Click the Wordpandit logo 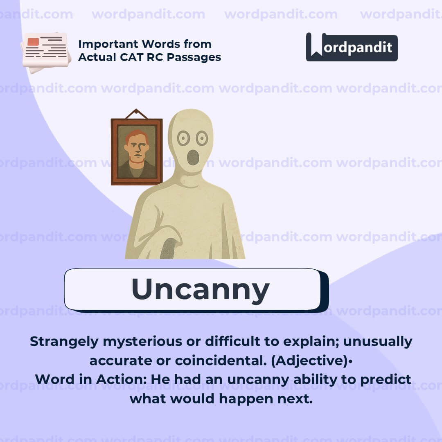point(352,47)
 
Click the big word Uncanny point(200,290)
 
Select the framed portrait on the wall point(137,151)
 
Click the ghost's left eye point(183,138)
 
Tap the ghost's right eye point(202,138)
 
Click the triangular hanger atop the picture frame point(137,113)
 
